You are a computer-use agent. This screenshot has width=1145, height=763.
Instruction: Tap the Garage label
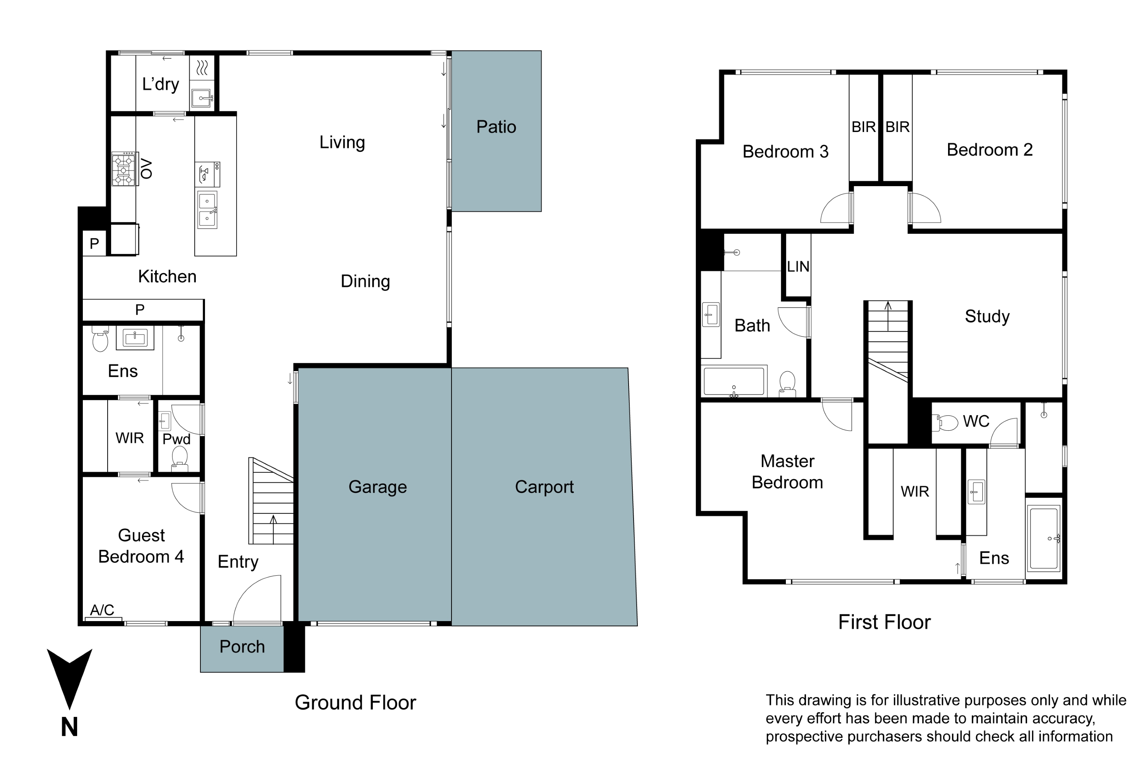pyautogui.click(x=377, y=487)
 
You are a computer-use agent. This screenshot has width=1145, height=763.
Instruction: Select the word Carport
pyautogui.click(x=544, y=487)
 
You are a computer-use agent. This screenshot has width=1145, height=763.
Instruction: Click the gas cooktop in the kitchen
pyautogui.click(x=123, y=169)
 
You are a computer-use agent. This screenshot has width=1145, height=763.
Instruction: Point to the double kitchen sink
pyautogui.click(x=207, y=210)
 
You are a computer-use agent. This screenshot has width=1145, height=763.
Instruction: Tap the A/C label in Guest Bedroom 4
pyautogui.click(x=102, y=610)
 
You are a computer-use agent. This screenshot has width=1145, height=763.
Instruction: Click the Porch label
pyautogui.click(x=242, y=647)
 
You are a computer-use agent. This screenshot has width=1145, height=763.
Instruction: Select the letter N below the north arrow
pyautogui.click(x=69, y=728)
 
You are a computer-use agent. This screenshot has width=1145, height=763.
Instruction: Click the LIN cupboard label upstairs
pyautogui.click(x=798, y=267)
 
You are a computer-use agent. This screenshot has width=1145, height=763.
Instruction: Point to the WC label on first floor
pyautogui.click(x=976, y=422)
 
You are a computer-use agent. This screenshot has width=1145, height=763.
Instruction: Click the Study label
pyautogui.click(x=987, y=316)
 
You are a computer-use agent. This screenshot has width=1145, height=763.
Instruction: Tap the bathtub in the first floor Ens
pyautogui.click(x=1043, y=539)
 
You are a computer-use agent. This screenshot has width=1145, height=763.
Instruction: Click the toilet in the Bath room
pyautogui.click(x=787, y=383)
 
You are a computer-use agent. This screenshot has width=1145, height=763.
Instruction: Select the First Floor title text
pyautogui.click(x=884, y=622)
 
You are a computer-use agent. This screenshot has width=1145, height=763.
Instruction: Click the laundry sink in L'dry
pyautogui.click(x=202, y=98)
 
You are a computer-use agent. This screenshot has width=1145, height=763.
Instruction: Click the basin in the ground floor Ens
pyautogui.click(x=135, y=337)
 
